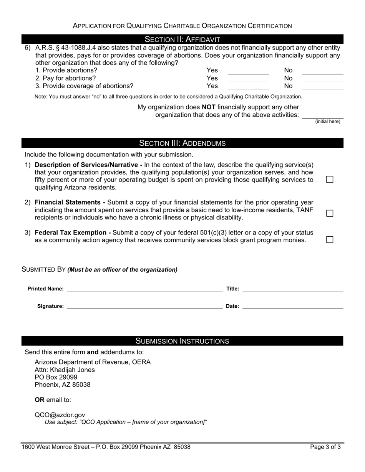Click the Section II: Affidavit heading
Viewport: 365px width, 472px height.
pyautogui.click(x=182, y=39)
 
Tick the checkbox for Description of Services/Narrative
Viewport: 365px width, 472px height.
pyautogui.click(x=330, y=180)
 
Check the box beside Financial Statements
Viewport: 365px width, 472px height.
pyautogui.click(x=330, y=213)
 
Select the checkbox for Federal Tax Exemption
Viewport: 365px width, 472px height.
pyautogui.click(x=330, y=240)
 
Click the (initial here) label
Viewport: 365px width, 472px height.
pyautogui.click(x=327, y=122)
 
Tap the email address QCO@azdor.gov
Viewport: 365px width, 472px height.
pyautogui.click(x=60, y=415)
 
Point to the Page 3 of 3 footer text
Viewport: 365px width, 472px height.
pyautogui.click(x=325, y=447)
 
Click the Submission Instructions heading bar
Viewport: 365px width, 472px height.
pyautogui.click(x=182, y=341)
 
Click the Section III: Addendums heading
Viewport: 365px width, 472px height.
pyautogui.click(x=182, y=143)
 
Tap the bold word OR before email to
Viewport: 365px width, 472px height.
pyautogui.click(x=40, y=399)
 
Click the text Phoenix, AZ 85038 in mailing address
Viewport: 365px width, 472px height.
pyautogui.click(x=63, y=385)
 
